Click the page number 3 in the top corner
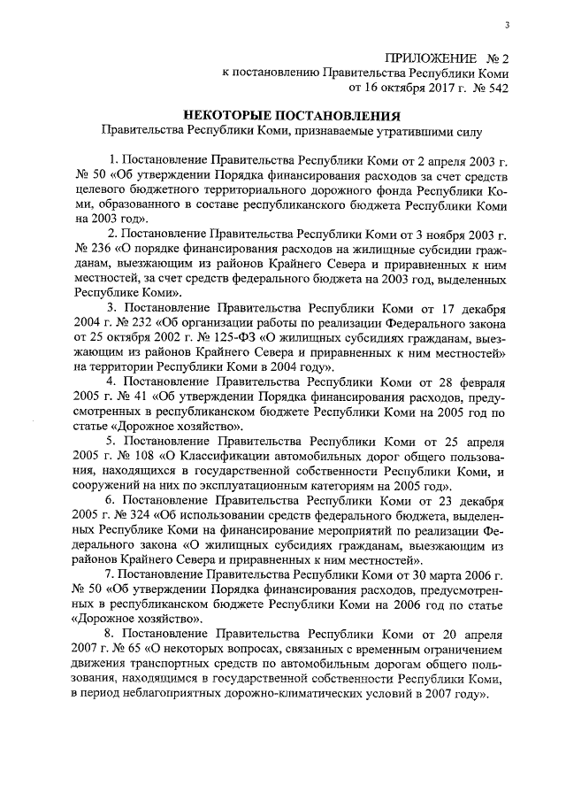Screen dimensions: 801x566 pos(507,25)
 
